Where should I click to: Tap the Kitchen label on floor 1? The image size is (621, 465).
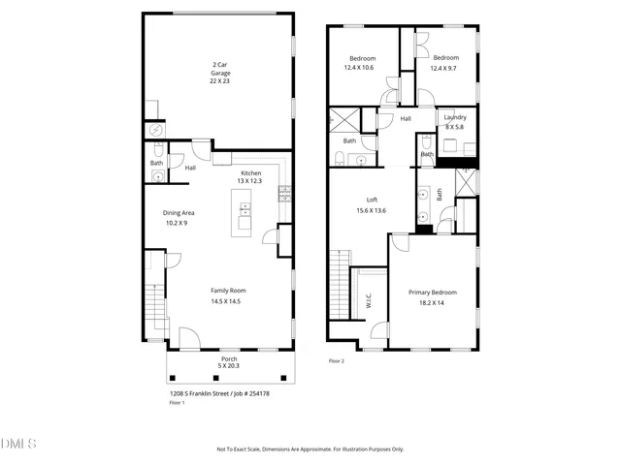pos(251,176)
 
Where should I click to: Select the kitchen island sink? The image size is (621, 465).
pos(245,208)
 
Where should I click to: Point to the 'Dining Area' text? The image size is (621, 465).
pos(180,218)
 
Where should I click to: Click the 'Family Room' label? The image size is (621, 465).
pos(229,295)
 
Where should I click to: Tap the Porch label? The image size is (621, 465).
pos(229,361)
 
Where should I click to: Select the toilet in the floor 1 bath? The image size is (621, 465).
pos(157,177)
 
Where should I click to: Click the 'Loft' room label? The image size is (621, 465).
pos(371,204)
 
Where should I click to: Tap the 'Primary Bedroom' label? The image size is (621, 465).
pos(432,296)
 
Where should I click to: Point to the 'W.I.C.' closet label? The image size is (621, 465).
pos(369,302)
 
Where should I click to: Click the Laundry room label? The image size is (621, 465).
pos(454,122)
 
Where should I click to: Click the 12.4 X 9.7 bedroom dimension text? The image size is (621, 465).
pos(445,68)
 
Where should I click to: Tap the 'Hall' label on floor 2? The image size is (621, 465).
pos(406,119)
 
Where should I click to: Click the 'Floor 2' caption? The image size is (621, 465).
pos(337,360)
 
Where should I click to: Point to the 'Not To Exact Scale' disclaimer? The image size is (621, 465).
pos(310,449)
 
